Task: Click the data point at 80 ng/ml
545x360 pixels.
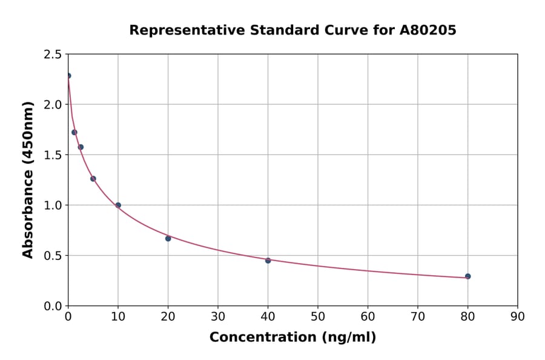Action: click(x=467, y=276)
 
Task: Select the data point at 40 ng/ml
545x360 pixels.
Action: click(x=268, y=261)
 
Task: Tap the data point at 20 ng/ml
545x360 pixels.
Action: click(x=168, y=238)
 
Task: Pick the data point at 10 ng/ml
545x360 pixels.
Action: click(x=118, y=205)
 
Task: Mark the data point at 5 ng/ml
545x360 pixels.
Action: click(x=93, y=179)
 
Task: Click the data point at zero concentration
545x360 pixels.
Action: click(x=68, y=76)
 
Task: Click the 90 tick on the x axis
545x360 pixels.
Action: click(x=518, y=316)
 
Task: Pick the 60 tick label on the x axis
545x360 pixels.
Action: click(x=368, y=316)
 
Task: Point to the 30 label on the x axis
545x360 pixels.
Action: click(x=218, y=316)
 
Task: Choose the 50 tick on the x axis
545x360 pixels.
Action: click(x=318, y=316)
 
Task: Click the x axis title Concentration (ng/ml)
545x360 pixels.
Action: click(x=292, y=338)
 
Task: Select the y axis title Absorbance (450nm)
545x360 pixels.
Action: click(x=28, y=180)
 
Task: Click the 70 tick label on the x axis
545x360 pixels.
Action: click(x=418, y=316)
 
